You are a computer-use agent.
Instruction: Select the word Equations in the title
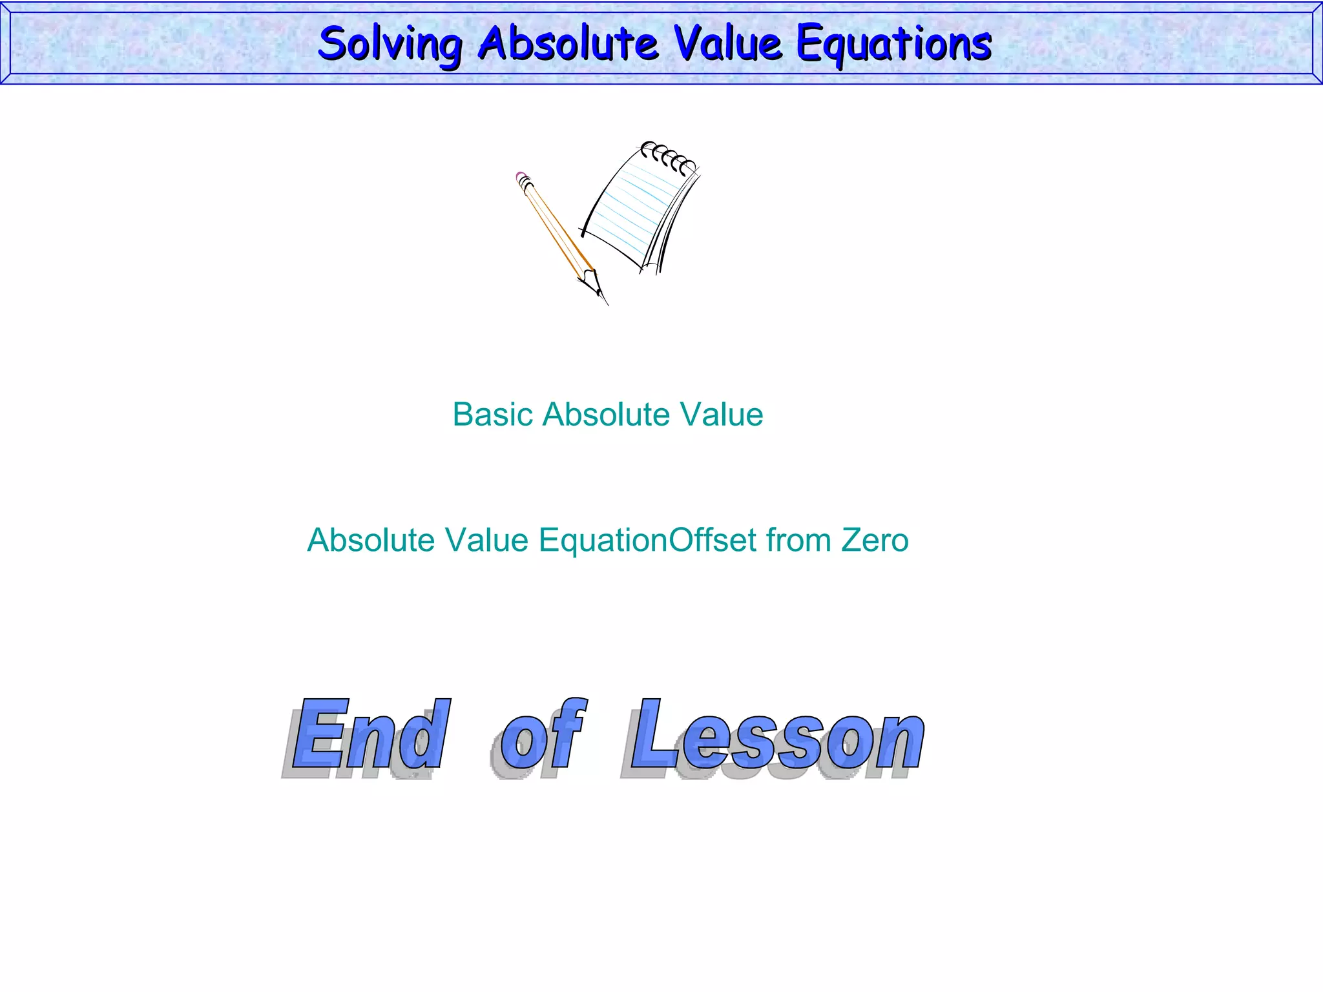pos(893,44)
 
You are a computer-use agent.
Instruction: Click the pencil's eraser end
pos(523,178)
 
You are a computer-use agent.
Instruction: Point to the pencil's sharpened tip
pos(602,297)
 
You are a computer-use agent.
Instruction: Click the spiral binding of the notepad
pos(669,156)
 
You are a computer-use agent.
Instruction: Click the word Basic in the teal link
pos(492,414)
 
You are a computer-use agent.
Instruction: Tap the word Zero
pos(875,540)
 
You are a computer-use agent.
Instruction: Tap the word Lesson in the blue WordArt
pos(775,736)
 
